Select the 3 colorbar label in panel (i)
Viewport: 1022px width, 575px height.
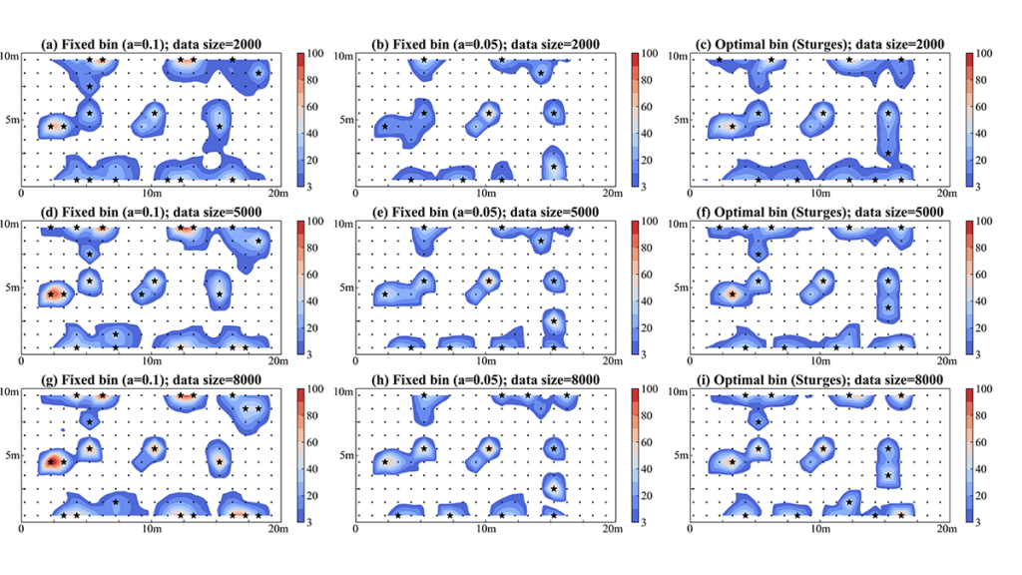tap(980, 522)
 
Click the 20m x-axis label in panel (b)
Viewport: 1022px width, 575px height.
tap(613, 192)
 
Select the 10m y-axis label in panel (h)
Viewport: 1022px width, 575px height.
tap(343, 394)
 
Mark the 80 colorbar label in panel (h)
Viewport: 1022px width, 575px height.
tap(649, 413)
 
